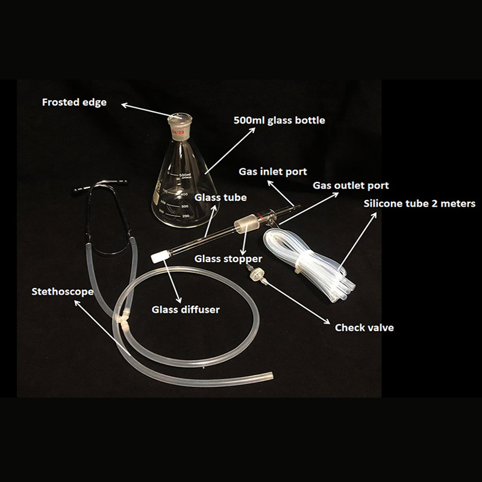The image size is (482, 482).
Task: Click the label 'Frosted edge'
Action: (74, 102)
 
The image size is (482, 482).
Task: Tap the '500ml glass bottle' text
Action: (279, 120)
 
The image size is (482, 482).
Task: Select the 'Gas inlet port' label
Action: (273, 172)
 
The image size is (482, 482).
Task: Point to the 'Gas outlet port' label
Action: (351, 186)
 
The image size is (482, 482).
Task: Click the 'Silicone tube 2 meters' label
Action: (419, 204)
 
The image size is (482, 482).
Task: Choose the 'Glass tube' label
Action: (221, 198)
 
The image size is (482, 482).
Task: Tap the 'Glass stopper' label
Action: (228, 259)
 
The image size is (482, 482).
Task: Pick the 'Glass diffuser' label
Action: (186, 310)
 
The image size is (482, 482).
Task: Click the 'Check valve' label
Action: (365, 328)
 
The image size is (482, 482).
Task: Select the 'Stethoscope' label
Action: (63, 292)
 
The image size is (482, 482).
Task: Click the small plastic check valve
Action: (256, 274)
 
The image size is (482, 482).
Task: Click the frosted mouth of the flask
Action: (180, 118)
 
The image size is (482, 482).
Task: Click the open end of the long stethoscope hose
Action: (270, 377)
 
